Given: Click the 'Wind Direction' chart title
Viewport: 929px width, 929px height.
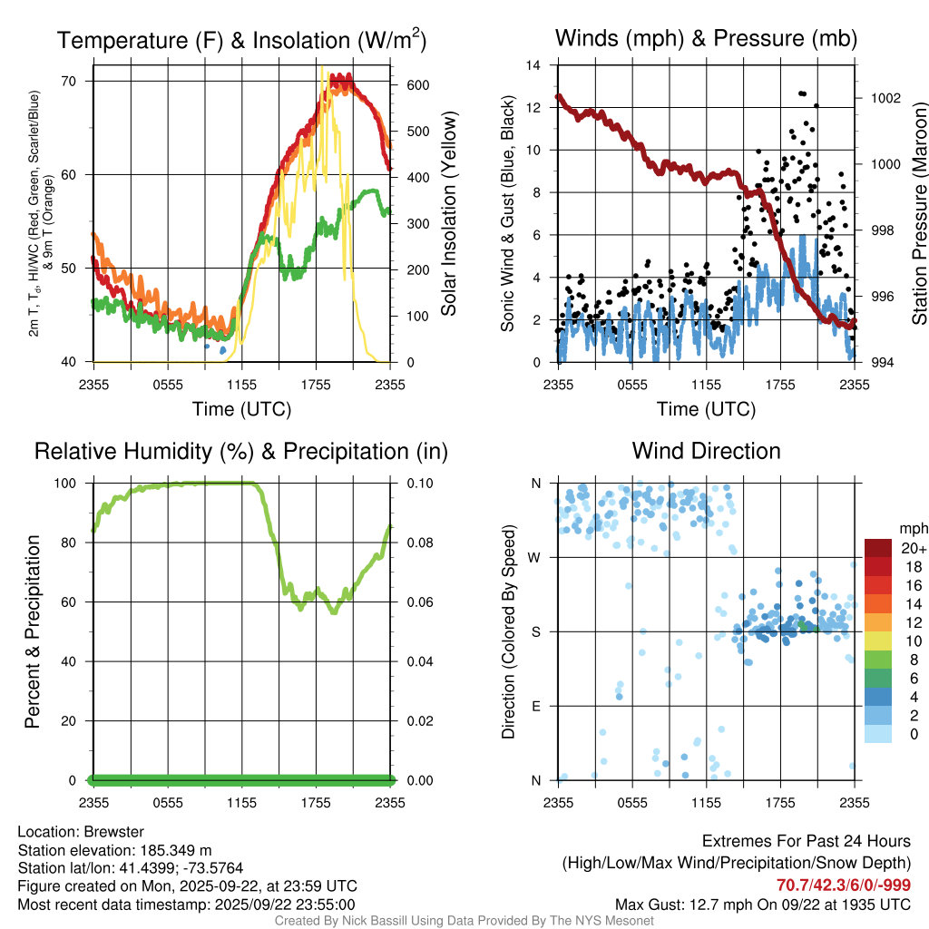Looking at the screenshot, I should click(x=706, y=451).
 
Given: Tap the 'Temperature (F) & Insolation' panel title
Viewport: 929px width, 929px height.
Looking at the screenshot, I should click(x=241, y=41).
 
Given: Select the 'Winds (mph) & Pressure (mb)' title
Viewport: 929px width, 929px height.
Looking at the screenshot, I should click(x=706, y=38).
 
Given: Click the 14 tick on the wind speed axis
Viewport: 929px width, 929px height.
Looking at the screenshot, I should click(x=533, y=65).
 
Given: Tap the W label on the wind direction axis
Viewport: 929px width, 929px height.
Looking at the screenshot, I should click(x=536, y=557).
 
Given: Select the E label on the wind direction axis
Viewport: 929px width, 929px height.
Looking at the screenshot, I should click(x=536, y=706).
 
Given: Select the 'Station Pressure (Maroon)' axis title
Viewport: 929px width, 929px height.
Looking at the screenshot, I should click(x=918, y=213).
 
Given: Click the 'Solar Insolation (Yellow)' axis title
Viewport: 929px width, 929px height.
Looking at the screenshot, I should click(x=449, y=213).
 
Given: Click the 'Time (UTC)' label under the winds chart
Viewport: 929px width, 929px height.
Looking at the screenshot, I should click(x=706, y=409).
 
